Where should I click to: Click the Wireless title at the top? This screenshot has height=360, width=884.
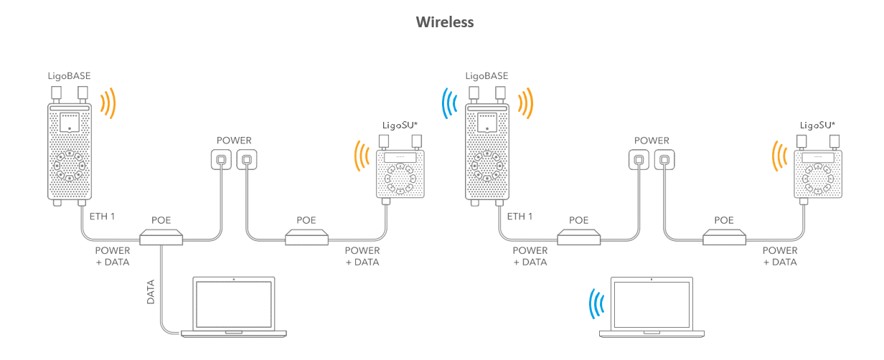(x=445, y=22)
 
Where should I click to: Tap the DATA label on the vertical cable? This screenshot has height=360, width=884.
(x=151, y=292)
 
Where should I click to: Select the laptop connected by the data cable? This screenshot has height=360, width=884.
(x=234, y=307)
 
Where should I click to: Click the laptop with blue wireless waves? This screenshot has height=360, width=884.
(x=652, y=307)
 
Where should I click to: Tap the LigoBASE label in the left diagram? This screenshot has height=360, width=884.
(x=70, y=75)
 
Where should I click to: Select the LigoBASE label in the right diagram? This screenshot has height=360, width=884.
(x=486, y=75)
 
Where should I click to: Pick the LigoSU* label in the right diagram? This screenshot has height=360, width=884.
(x=817, y=125)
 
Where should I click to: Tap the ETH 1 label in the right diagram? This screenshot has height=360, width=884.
(x=519, y=216)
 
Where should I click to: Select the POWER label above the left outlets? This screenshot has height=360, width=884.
(x=234, y=141)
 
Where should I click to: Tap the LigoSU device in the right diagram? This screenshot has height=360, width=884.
(x=817, y=174)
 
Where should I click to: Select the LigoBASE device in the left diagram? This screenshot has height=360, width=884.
(x=69, y=151)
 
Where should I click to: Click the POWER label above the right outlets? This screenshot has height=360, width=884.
(x=652, y=141)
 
